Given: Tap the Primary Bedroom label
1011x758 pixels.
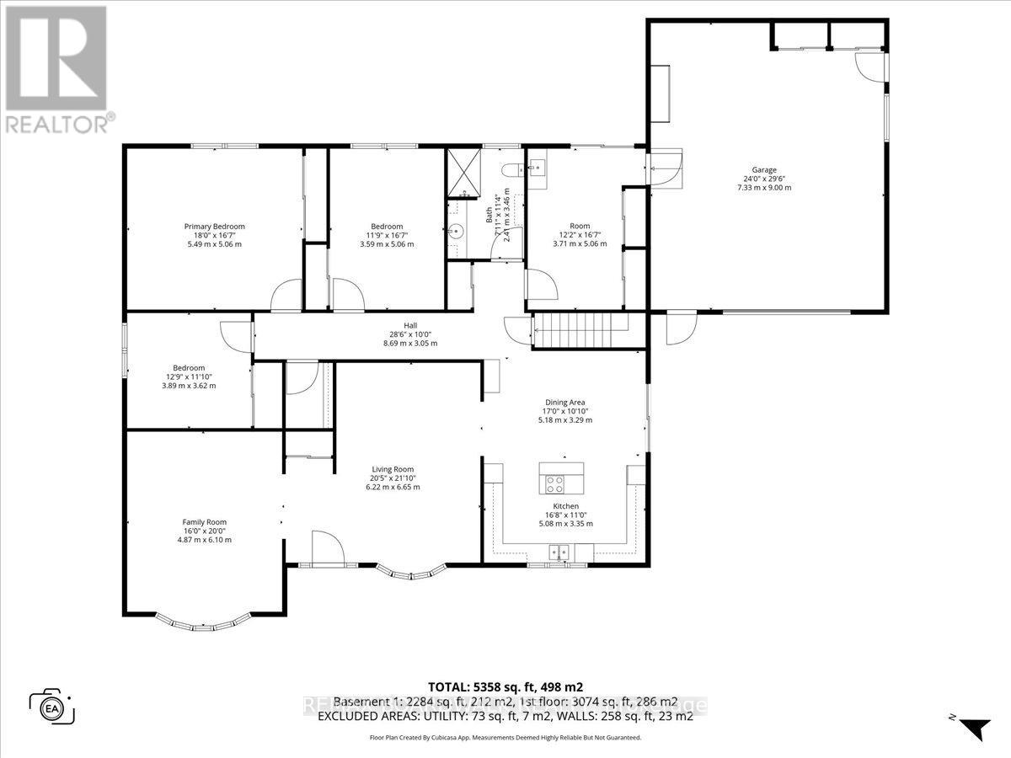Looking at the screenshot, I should point(214,227).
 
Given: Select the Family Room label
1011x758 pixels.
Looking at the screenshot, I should point(206,522).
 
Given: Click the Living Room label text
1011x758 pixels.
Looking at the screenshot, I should point(393,470).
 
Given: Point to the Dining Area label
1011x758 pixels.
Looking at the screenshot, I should point(564,403).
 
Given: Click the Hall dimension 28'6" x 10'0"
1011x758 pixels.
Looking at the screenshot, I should point(410,334).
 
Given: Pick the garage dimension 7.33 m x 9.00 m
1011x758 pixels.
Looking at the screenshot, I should point(764,187).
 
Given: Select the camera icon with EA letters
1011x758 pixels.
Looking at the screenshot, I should point(52,706).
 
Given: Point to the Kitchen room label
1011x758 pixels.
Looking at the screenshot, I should point(564,506).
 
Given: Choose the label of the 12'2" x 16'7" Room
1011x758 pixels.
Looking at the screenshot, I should point(580,226).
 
